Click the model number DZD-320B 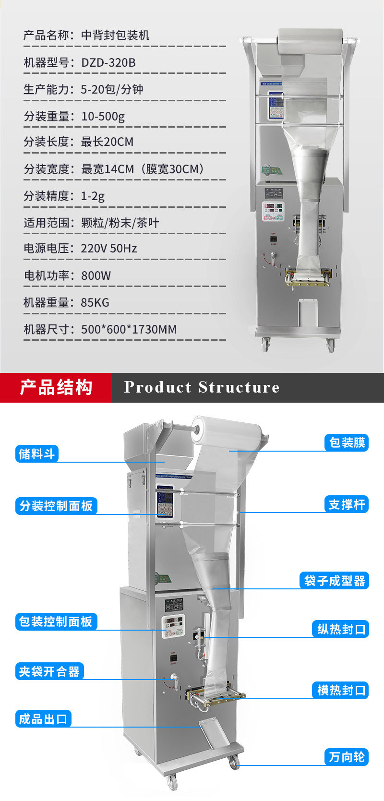[108, 62]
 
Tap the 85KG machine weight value [95, 302]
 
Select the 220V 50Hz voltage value [109, 248]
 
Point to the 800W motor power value [96, 275]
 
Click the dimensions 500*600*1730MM [129, 329]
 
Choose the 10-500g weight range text [103, 116]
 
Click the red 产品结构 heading [56, 387]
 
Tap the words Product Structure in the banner [202, 387]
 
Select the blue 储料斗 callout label [37, 454]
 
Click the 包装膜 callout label [347, 442]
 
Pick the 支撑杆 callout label [347, 504]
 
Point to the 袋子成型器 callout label [334, 581]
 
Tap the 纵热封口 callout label [341, 629]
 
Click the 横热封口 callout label [341, 690]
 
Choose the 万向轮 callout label [347, 757]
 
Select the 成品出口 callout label [43, 718]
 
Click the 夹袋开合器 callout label [49, 671]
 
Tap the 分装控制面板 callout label [56, 505]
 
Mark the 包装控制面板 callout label [56, 622]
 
